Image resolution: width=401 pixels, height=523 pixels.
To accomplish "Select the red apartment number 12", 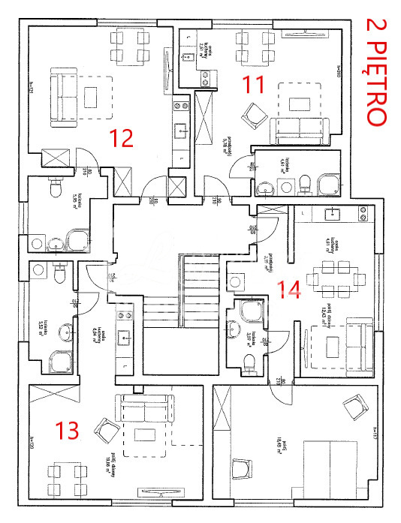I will pos(121,138).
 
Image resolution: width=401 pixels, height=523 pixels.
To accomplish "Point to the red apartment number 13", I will pos(68,431).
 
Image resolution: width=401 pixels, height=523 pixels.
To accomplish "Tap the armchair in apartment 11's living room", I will pos(253,115).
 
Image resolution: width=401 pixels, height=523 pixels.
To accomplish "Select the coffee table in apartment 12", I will pos(92,97).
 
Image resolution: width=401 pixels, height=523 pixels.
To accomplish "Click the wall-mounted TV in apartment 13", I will pos(161,492).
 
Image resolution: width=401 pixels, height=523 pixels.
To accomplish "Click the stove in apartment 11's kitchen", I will pos(204,74).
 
